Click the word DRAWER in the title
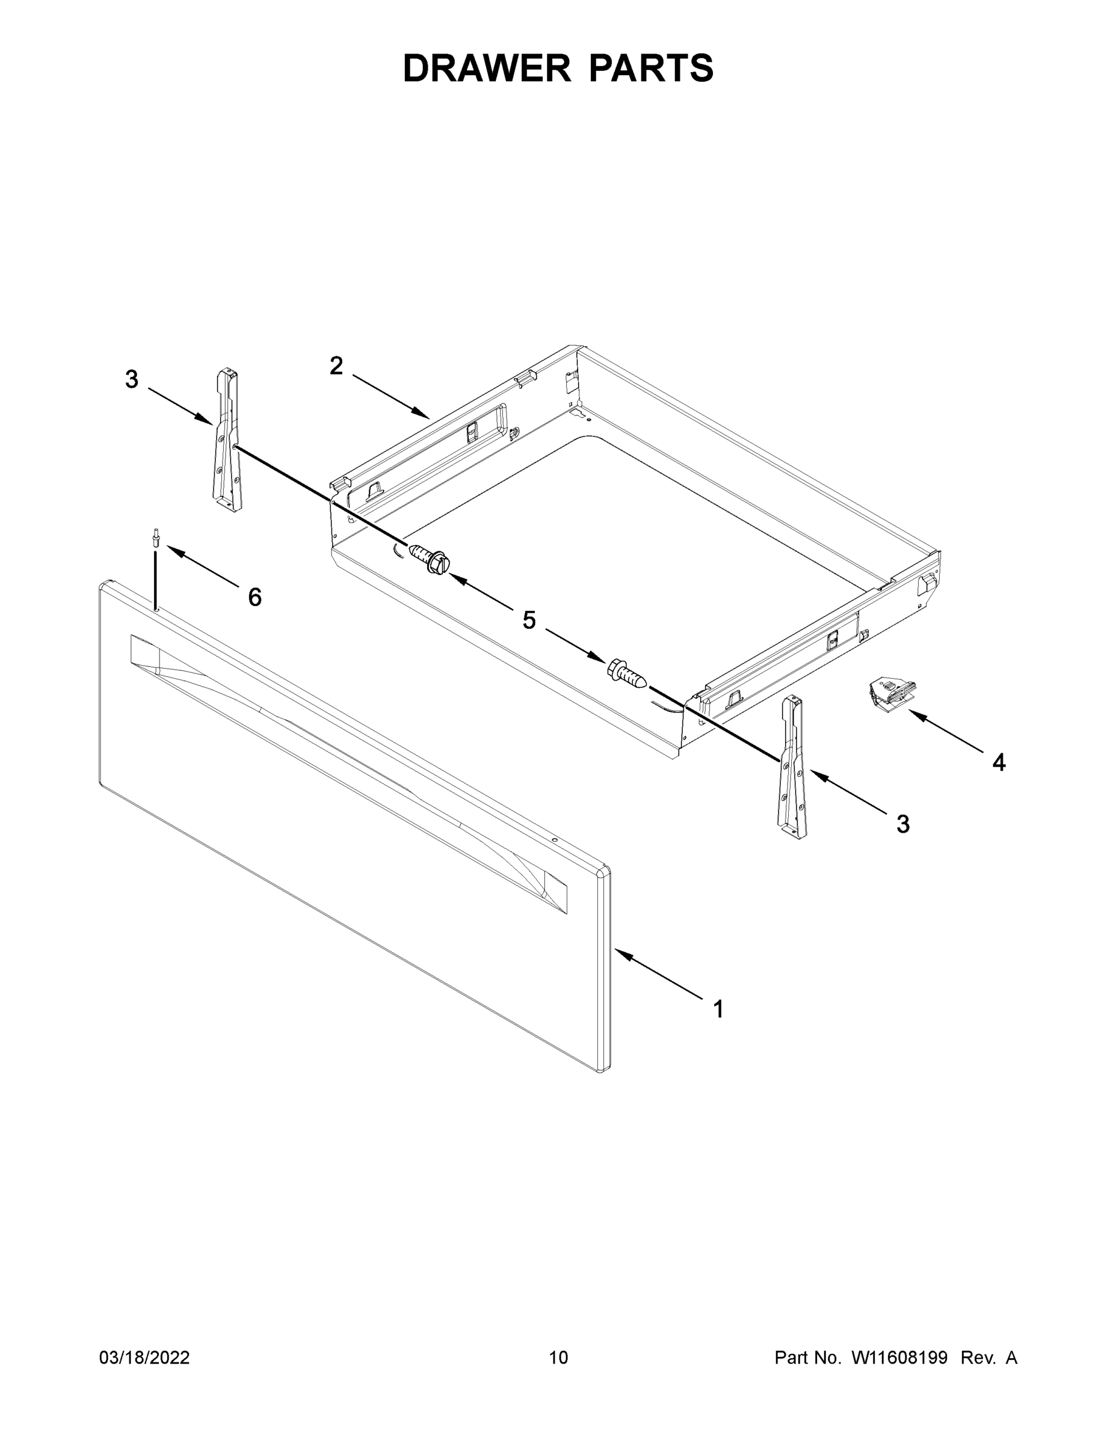[x=486, y=69]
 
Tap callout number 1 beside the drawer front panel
[x=718, y=1009]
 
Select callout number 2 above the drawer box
[x=336, y=366]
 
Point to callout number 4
[x=999, y=762]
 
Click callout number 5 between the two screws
[x=529, y=620]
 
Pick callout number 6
[x=254, y=597]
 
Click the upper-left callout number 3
[x=132, y=379]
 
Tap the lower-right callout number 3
[x=902, y=824]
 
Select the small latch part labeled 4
[x=890, y=693]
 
